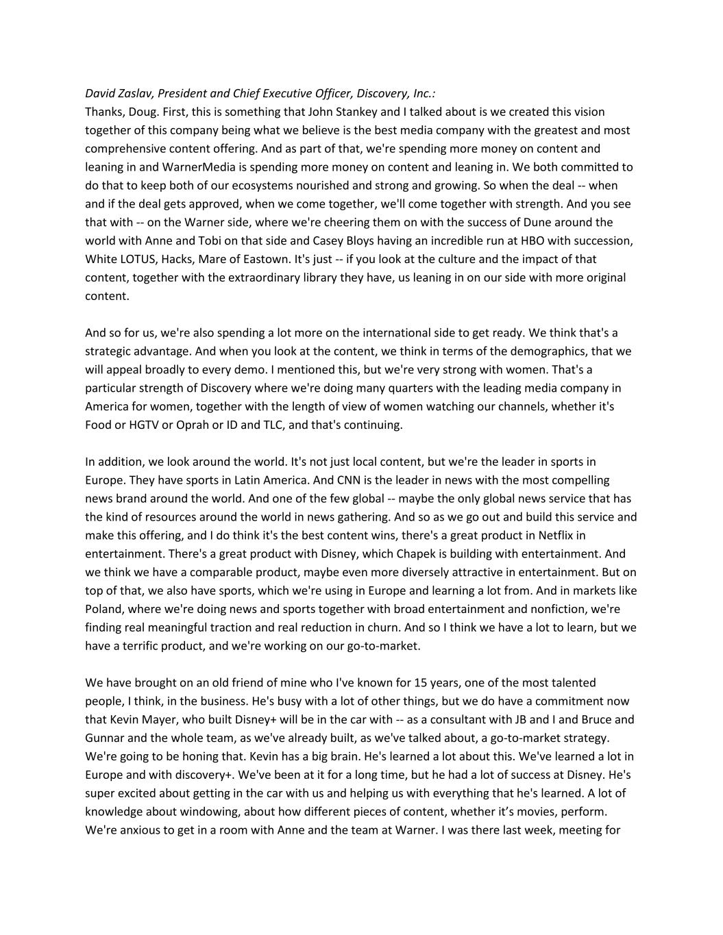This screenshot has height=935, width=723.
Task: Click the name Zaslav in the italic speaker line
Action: [x=136, y=93]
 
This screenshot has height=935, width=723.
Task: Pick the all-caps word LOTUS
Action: [x=139, y=259]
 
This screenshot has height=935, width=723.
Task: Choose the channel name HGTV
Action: [x=134, y=425]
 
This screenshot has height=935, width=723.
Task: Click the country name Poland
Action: [x=103, y=609]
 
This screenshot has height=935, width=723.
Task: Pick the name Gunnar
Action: [x=105, y=738]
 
